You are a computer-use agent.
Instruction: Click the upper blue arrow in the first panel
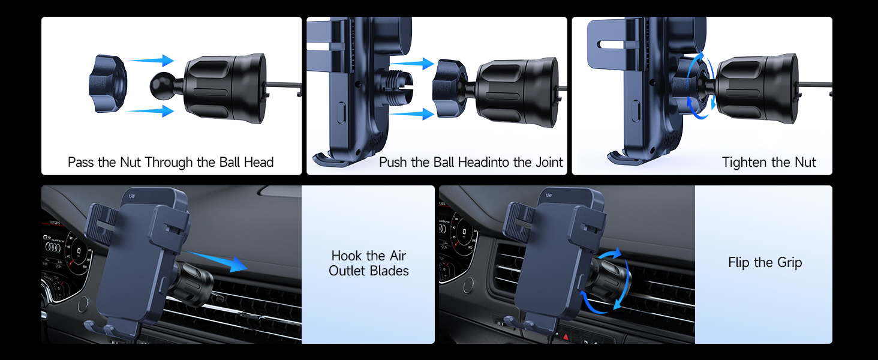150,60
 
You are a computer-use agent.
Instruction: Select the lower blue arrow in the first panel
150,110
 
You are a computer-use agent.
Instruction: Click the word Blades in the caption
389,271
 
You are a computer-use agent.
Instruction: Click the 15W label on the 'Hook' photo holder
131,196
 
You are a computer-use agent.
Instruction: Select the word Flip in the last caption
739,262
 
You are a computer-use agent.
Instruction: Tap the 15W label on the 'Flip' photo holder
548,195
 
